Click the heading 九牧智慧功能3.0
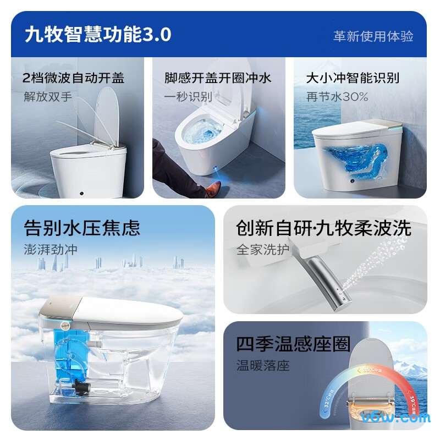(98, 35)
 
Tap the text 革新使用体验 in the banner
(373, 36)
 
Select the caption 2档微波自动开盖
(74, 78)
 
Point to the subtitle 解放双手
(48, 96)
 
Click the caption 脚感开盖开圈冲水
(218, 78)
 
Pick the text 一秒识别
(188, 96)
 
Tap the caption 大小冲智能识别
(353, 78)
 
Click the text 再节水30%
(337, 96)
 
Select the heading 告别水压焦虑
(82, 228)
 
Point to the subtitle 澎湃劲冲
(51, 249)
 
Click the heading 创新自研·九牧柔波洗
(323, 228)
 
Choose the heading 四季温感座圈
(293, 344)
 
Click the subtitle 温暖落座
(263, 365)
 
